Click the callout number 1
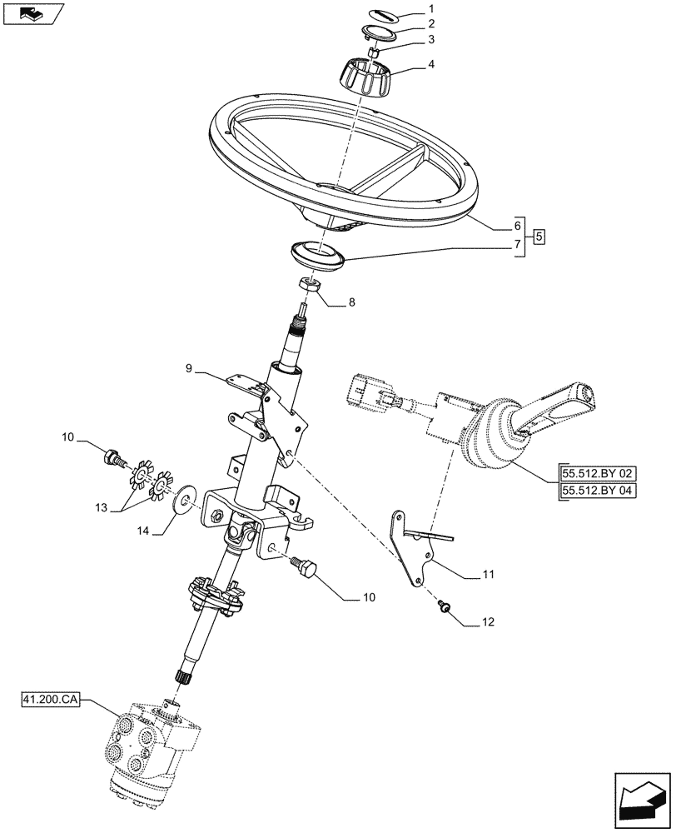point(430,9)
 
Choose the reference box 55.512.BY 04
point(597,491)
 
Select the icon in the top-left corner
point(32,14)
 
